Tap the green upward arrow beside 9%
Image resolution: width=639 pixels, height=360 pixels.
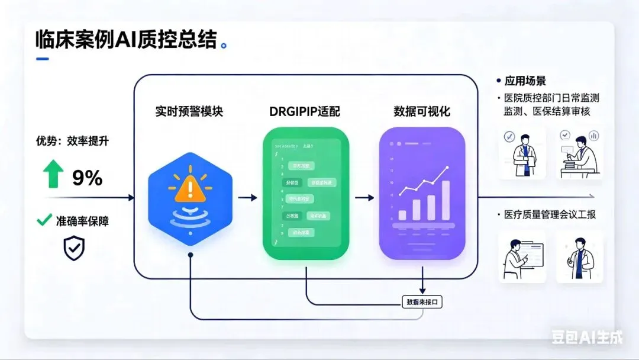pos(53,175)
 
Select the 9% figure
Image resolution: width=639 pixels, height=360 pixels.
pos(88,177)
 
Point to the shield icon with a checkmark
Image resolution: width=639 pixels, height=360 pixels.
pos(74,249)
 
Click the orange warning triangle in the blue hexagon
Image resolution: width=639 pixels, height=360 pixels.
pos(190,188)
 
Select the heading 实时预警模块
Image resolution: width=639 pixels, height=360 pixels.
pos(189,111)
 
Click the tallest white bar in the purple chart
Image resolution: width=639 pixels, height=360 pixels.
pos(445,200)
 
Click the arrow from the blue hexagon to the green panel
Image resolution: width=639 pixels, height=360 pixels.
pos(247,198)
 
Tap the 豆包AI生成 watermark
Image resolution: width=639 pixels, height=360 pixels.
pos(587,337)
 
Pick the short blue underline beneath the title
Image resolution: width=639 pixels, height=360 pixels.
pos(43,59)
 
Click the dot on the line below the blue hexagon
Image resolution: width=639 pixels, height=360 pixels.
pos(190,254)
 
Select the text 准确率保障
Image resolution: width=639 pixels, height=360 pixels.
pos(82,221)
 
